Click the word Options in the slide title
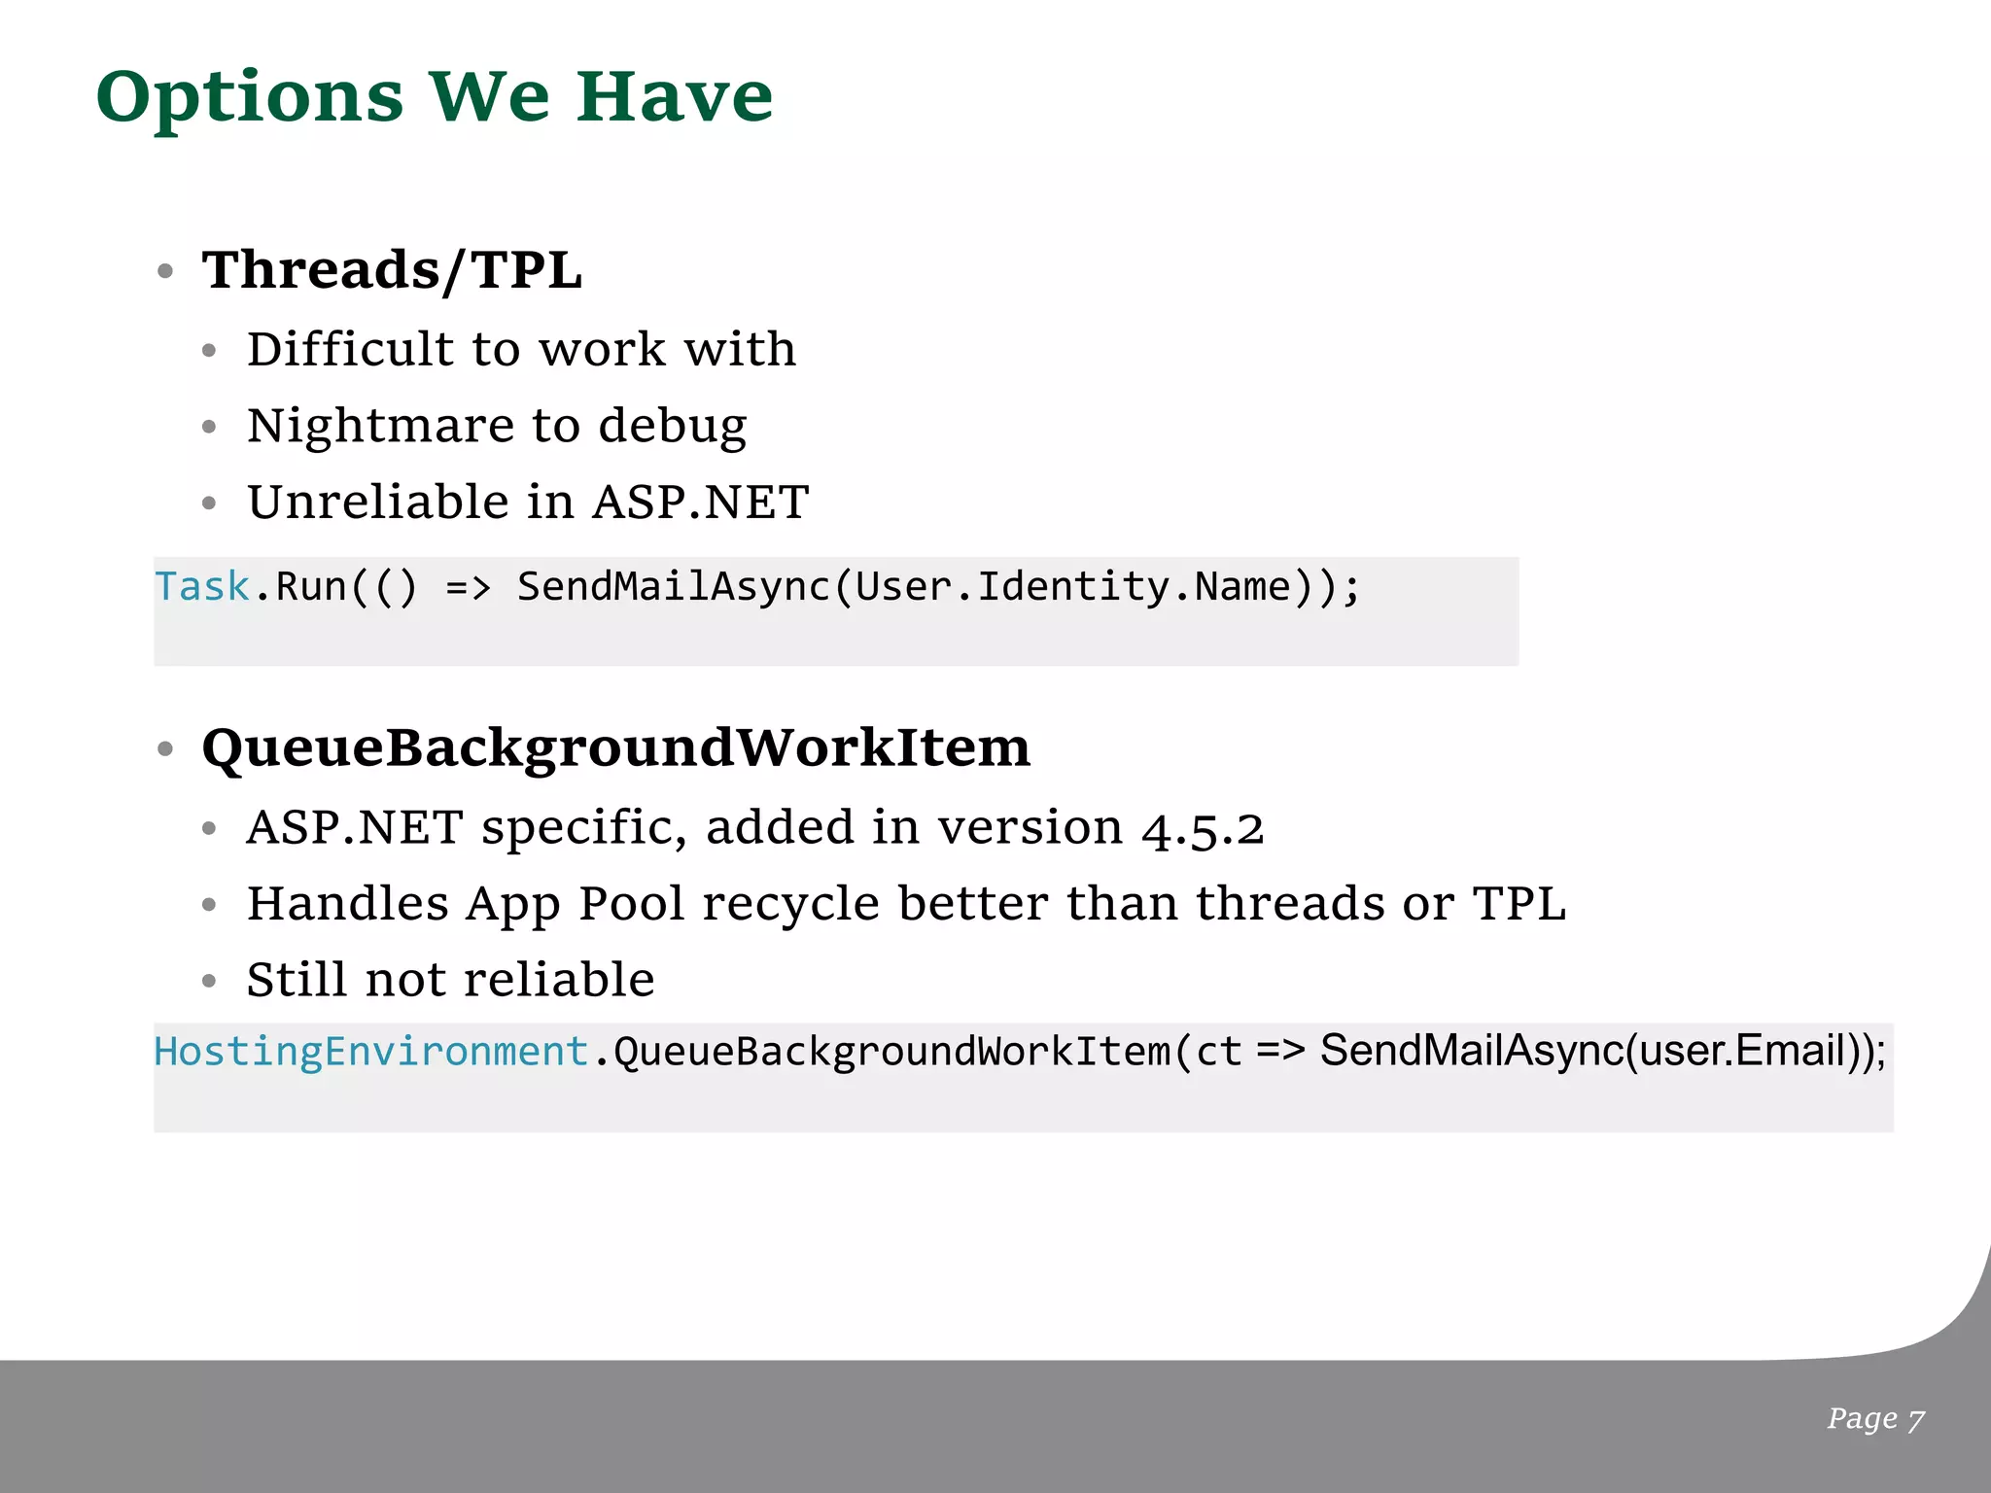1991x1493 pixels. pos(249,98)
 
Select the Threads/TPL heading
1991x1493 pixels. pos(392,269)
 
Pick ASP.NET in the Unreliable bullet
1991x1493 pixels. pos(700,503)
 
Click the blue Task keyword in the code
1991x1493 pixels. pos(202,587)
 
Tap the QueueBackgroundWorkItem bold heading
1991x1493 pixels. pos(615,747)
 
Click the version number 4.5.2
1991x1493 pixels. pos(1203,829)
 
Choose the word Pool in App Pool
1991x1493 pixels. pos(632,904)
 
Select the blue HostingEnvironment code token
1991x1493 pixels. pos(371,1052)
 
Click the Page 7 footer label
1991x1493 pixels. pos(1875,1419)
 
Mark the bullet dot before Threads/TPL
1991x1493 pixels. pos(165,271)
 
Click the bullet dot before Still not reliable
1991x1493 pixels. pos(209,982)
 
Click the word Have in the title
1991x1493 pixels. pos(675,98)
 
